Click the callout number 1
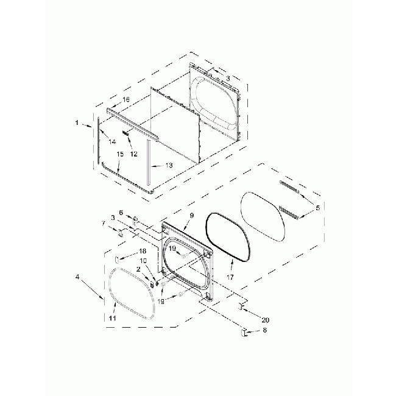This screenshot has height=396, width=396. [x=77, y=123]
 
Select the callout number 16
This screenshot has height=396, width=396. [x=126, y=99]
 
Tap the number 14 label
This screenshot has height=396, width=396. [x=111, y=141]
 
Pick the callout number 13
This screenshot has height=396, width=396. [x=169, y=165]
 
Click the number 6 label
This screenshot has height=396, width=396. [x=121, y=213]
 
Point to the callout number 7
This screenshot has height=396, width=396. [x=104, y=224]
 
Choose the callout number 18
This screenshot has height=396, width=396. [x=143, y=251]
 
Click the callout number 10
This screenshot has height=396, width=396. [x=143, y=261]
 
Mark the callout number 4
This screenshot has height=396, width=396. [x=77, y=277]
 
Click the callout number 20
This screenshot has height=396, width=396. [x=264, y=320]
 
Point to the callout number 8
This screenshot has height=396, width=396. [x=264, y=331]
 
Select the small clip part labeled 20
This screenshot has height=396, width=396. [x=241, y=308]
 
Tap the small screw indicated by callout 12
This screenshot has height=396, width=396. [x=126, y=132]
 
